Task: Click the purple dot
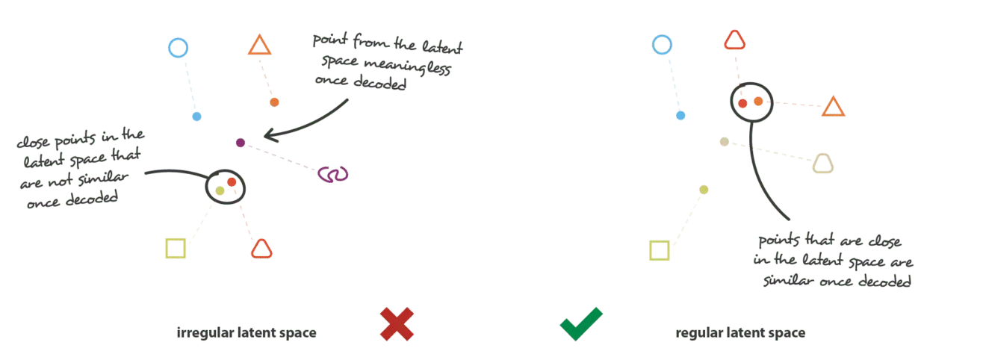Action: pos(241,143)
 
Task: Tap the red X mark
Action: pos(397,324)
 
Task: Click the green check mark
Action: pos(581,324)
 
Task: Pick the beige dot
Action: pos(724,142)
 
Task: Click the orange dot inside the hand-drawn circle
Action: pos(758,102)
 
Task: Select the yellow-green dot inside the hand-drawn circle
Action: pos(220,190)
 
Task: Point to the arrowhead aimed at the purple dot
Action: pos(270,135)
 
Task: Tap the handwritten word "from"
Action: pos(370,41)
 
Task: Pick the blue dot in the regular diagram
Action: pos(680,115)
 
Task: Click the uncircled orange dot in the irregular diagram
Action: pos(274,102)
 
